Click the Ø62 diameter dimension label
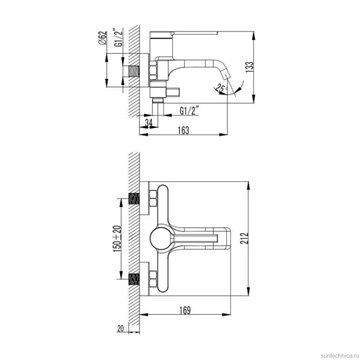pos(103,38)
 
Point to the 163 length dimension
pos(183,130)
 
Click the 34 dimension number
pos(149,123)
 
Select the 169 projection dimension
pos(185,310)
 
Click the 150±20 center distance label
pos(117,239)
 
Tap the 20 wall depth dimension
pos(121,328)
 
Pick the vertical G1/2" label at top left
pos(119,37)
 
